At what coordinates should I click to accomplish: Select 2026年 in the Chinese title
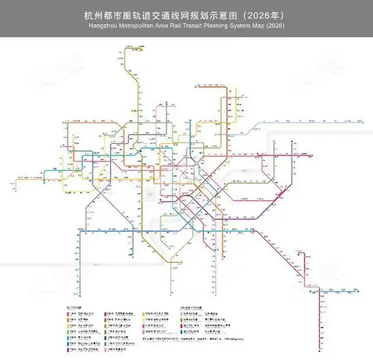(271, 14)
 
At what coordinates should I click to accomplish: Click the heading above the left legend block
(76, 307)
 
